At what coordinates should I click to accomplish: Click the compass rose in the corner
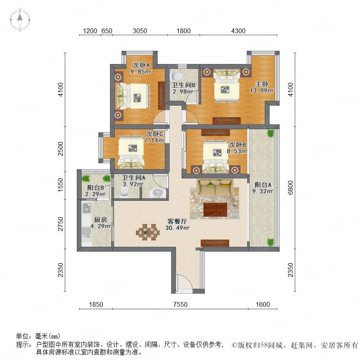[20, 20]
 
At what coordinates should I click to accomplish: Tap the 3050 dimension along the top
[140, 31]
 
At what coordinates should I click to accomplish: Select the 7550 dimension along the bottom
[180, 304]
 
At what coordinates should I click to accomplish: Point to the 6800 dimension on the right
[290, 188]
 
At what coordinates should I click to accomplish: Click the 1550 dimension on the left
[60, 185]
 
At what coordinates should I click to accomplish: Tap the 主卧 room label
[262, 84]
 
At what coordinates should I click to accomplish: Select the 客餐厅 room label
[177, 221]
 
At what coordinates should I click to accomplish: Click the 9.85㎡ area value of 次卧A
[141, 72]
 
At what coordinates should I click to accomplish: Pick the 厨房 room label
[100, 220]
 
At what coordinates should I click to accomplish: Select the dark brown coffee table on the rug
[215, 210]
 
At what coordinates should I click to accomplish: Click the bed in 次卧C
[131, 152]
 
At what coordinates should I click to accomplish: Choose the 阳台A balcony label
[263, 184]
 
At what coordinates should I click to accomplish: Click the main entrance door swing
[184, 283]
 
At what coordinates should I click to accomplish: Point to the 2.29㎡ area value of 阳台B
[95, 194]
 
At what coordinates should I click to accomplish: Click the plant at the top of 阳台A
[271, 133]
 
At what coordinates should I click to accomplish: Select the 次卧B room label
[238, 145]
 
